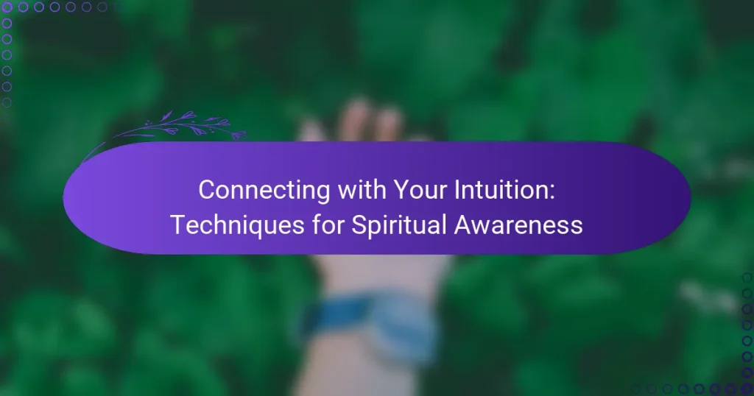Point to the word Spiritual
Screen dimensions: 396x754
click(386, 225)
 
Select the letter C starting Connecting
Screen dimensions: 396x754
click(206, 190)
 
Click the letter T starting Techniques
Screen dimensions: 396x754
click(176, 225)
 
